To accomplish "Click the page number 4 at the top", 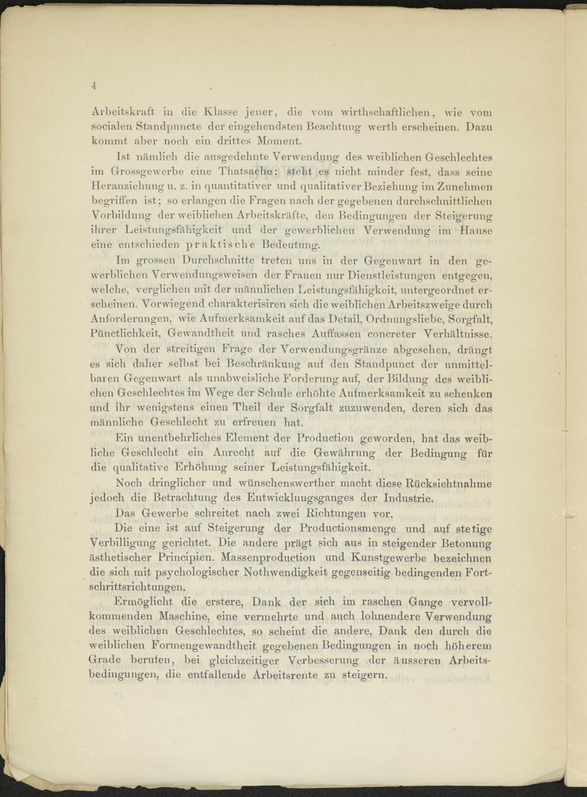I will pos(93,85).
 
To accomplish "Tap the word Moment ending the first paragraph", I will pos(279,141).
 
